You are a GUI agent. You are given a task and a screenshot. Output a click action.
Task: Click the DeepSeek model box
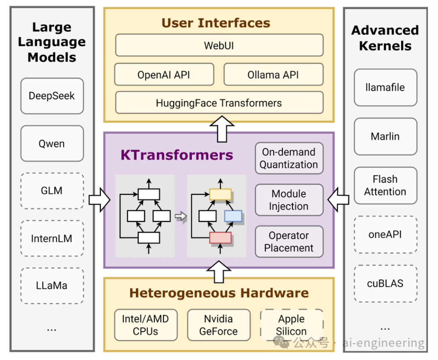(52, 96)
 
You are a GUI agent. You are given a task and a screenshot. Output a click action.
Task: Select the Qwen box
(52, 144)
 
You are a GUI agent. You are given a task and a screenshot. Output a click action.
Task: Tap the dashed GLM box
(52, 191)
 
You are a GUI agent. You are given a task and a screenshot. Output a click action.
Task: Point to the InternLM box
(52, 238)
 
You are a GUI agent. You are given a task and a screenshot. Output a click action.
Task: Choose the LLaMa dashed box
(52, 286)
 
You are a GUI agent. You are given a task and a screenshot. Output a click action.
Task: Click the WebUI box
(219, 45)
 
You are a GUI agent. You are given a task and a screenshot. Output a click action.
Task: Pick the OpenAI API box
(164, 74)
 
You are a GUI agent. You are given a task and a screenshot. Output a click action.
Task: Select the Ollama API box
(273, 74)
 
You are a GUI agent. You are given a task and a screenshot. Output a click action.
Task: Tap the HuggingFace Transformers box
(219, 103)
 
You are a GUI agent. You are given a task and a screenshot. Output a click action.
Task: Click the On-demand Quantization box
(289, 158)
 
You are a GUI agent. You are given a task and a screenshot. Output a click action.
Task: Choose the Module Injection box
(289, 200)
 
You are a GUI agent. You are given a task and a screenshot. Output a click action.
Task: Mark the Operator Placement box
(289, 242)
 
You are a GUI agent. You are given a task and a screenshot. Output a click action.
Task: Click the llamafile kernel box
(385, 87)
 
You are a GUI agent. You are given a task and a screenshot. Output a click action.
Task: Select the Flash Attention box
(385, 185)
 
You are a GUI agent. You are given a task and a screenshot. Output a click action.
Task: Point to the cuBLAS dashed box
(385, 283)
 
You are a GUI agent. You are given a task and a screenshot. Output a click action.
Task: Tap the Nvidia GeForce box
(219, 325)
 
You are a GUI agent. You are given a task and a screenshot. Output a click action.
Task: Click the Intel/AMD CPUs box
(146, 325)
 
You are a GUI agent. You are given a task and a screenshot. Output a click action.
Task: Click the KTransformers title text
(177, 155)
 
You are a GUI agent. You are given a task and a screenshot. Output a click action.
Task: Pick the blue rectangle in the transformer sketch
(233, 216)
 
